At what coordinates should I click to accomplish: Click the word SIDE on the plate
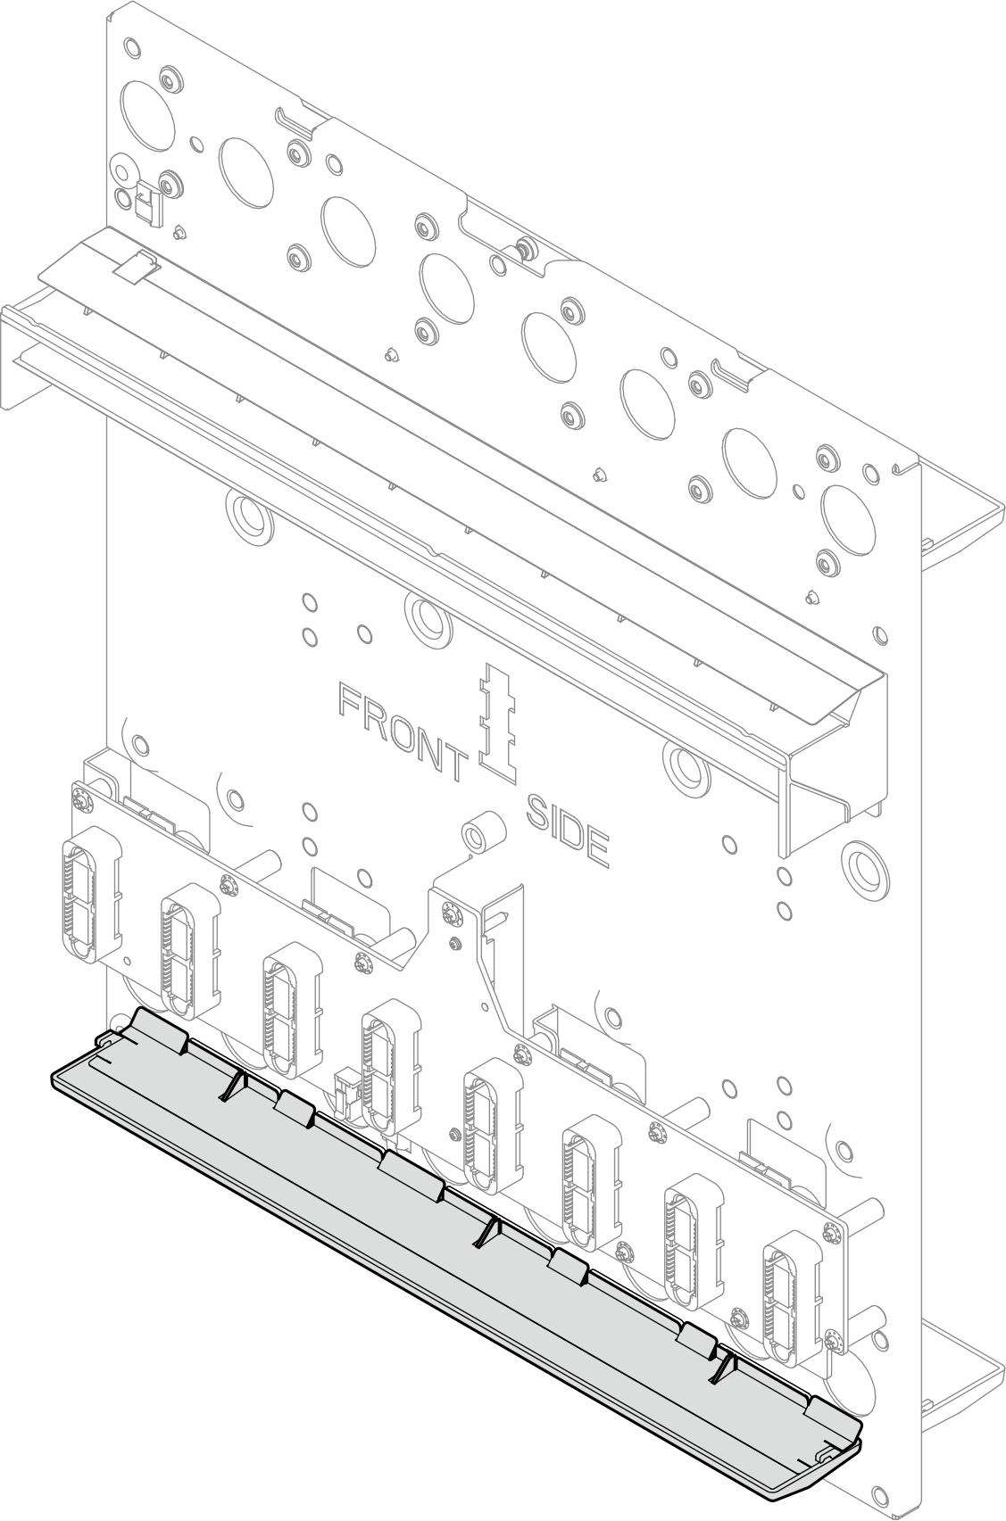(567, 830)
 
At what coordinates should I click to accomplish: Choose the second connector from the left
(190, 942)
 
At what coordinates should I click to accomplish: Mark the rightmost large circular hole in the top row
(848, 519)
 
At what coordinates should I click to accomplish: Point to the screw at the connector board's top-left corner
(82, 802)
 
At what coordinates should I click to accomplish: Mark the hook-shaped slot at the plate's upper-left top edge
(297, 120)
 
